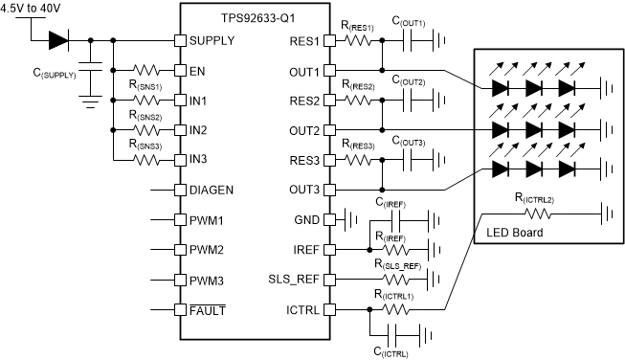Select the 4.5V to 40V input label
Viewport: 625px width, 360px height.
click(x=34, y=10)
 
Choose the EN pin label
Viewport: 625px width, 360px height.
click(x=196, y=71)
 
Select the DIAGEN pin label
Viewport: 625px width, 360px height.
click(x=210, y=190)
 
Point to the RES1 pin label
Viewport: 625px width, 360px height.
click(x=299, y=41)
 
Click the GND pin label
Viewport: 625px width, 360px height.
click(x=301, y=219)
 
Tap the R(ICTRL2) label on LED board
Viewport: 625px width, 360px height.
click(x=537, y=197)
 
